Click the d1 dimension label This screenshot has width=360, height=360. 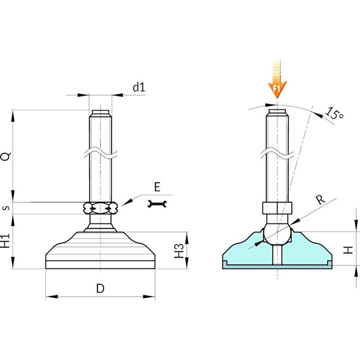click(x=139, y=87)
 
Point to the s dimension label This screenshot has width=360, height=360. click(x=7, y=208)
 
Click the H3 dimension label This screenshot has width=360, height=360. click(x=179, y=250)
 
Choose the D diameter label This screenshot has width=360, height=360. click(x=100, y=288)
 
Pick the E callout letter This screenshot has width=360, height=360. click(x=157, y=187)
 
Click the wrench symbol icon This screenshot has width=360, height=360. click(x=157, y=203)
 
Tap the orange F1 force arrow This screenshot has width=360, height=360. click(x=277, y=80)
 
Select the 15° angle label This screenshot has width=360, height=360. click(x=334, y=113)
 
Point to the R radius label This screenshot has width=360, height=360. click(x=321, y=199)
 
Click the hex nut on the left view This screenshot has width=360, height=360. click(x=100, y=208)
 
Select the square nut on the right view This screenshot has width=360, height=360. click(x=277, y=208)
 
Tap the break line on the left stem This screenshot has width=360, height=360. click(x=100, y=154)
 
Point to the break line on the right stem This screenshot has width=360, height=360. click(x=277, y=154)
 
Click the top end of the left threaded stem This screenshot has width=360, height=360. click(x=100, y=111)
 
